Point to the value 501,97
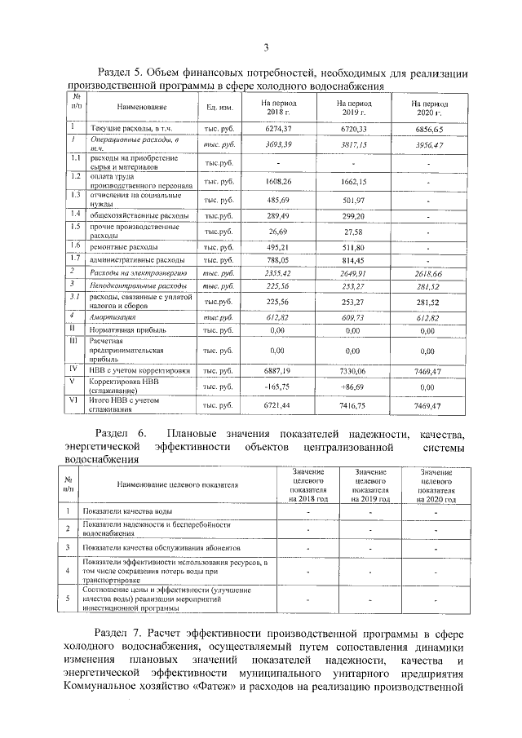click(x=353, y=200)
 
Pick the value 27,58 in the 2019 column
click(x=353, y=232)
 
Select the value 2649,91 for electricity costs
click(x=353, y=273)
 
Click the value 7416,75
click(x=353, y=404)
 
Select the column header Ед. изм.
click(x=220, y=108)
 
